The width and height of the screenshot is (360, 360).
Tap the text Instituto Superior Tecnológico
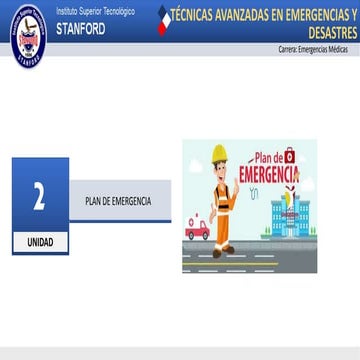pyautogui.click(x=95, y=9)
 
